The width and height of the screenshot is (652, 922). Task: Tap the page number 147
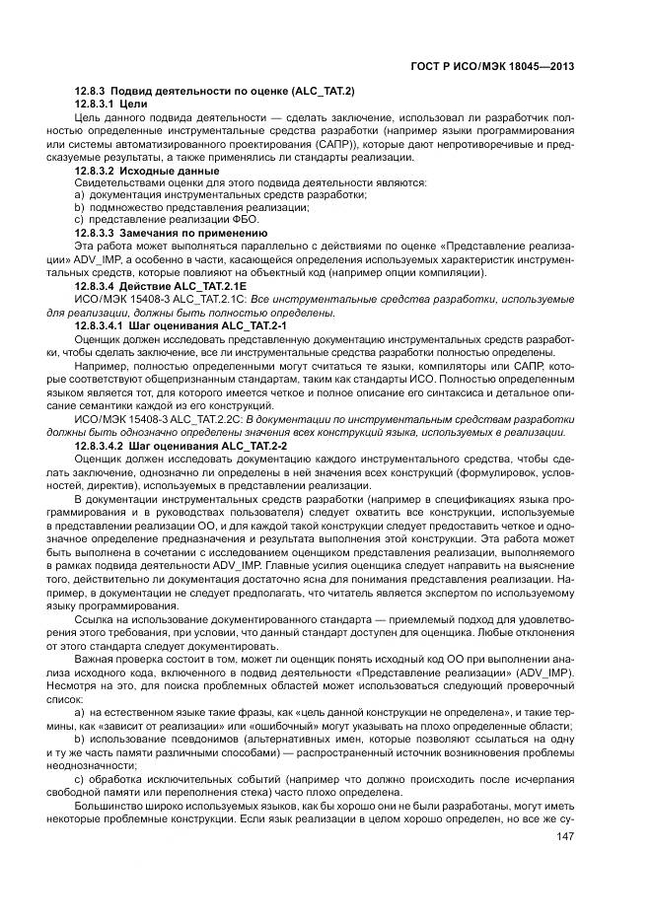(565, 837)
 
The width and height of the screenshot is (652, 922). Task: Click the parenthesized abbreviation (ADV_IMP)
(547, 672)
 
